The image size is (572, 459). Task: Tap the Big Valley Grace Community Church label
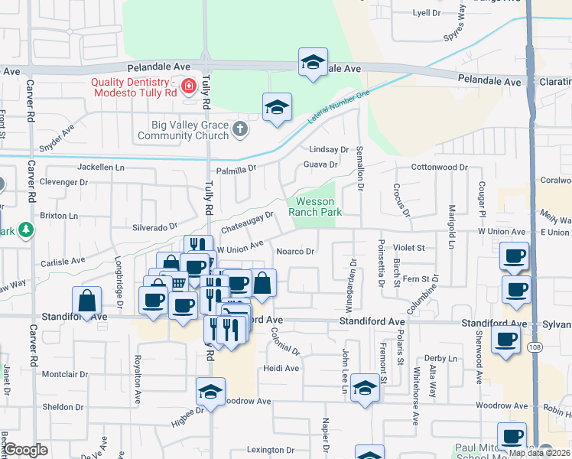pyautogui.click(x=184, y=130)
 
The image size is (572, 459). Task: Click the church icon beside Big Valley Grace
pyautogui.click(x=241, y=128)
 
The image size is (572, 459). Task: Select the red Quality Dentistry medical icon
pyautogui.click(x=188, y=84)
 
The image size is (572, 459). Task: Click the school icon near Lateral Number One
pyautogui.click(x=277, y=106)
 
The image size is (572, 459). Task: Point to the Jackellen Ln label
pyautogui.click(x=100, y=167)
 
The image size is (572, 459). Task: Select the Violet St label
pyautogui.click(x=408, y=248)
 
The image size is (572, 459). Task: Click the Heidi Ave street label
pyautogui.click(x=281, y=368)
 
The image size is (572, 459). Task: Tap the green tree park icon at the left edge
pyautogui.click(x=27, y=229)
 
